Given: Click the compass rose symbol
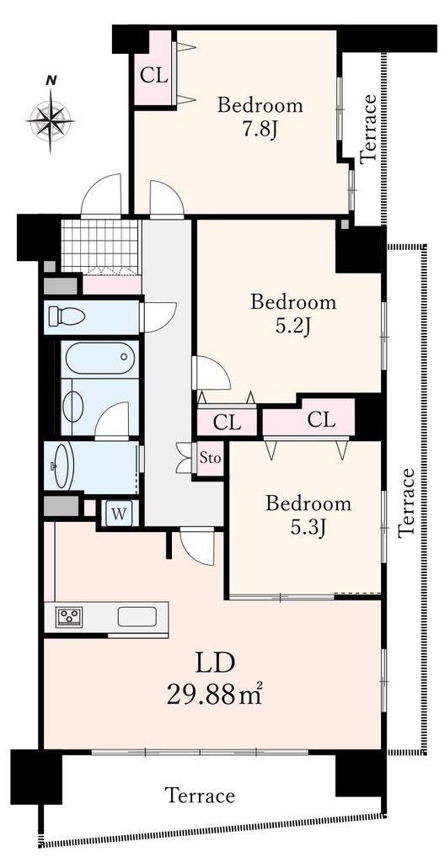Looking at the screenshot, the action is click(50, 120).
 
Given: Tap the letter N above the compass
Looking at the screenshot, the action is click(51, 80).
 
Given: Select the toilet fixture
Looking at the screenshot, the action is click(67, 317).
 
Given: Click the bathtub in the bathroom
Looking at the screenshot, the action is click(99, 359).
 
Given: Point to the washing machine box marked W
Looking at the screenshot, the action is click(119, 514).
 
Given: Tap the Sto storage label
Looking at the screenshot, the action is click(211, 457).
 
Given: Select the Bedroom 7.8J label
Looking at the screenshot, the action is click(260, 118).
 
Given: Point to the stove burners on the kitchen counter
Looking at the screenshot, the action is click(71, 615).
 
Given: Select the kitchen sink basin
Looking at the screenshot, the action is click(137, 617).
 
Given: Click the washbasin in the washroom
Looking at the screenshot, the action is click(62, 466).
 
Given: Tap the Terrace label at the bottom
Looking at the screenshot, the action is click(201, 795).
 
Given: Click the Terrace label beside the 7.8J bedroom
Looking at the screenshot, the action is click(368, 129).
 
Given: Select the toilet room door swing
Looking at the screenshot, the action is click(158, 317).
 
